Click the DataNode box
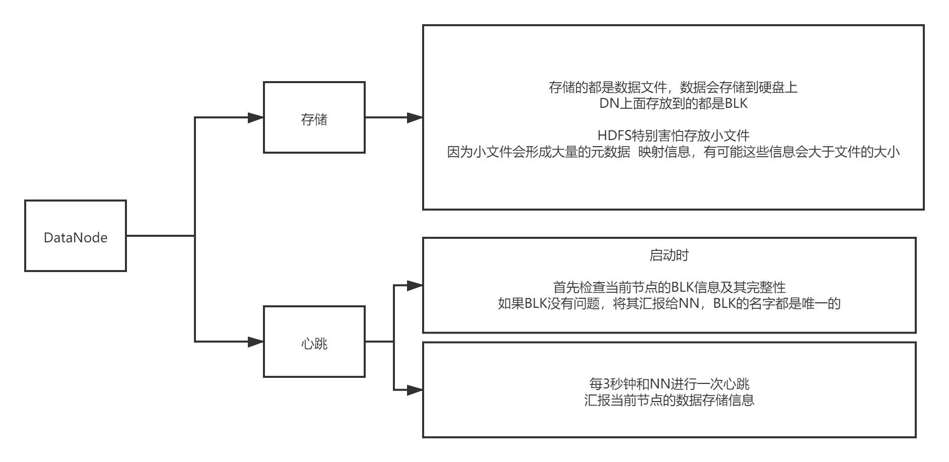(76, 236)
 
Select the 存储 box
(314, 118)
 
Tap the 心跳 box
(314, 342)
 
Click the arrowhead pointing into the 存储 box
(256, 118)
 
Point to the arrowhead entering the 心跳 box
(256, 342)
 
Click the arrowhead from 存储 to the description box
(415, 118)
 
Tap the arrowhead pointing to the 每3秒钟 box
(415, 390)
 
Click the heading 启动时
(669, 255)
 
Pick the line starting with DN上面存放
(673, 103)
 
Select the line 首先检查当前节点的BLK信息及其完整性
(669, 287)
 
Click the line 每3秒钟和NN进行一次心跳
(669, 384)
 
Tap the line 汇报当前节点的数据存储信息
(669, 400)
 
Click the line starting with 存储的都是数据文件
(673, 87)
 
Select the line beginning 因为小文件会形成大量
(673, 152)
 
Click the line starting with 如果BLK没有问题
(669, 303)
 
